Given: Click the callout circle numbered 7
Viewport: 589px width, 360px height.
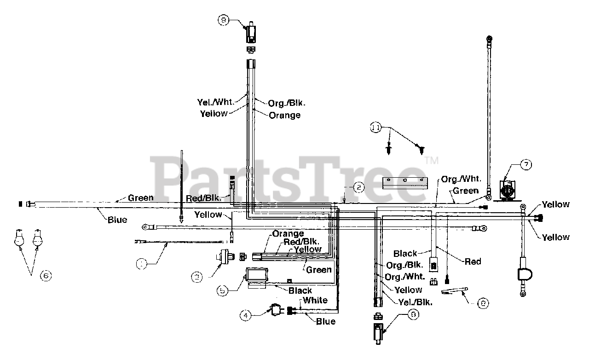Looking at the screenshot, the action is [525, 164].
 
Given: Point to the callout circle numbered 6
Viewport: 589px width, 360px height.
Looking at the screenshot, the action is [45, 275].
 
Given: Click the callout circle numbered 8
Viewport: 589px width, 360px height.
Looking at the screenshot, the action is [483, 303].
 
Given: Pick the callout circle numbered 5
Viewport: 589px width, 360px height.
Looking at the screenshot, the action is [223, 290].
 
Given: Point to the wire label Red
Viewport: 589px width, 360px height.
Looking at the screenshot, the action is [473, 261].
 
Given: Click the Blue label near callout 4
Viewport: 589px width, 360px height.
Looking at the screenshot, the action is [325, 321].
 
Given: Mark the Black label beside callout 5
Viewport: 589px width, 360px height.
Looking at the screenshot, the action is [300, 290].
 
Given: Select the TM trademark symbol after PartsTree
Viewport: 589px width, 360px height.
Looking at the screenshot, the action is [432, 161].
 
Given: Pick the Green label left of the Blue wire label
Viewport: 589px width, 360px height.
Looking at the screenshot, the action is [140, 198].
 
